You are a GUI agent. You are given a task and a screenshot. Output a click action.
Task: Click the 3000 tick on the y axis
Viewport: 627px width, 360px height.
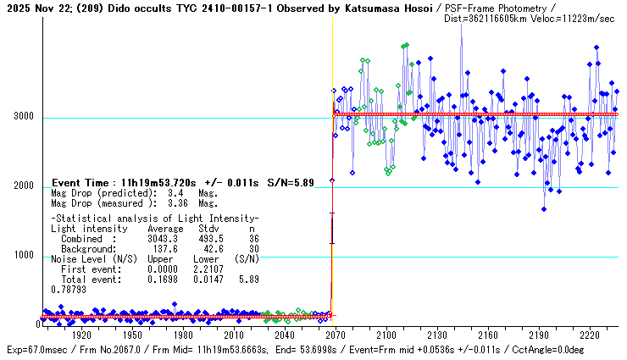click(x=23, y=117)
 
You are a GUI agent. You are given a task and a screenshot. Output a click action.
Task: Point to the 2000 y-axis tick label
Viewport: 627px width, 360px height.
click(x=23, y=186)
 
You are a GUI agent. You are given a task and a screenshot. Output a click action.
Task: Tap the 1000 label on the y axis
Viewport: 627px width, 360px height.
click(x=23, y=256)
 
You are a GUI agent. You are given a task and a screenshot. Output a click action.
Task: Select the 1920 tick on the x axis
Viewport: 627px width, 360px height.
click(x=82, y=335)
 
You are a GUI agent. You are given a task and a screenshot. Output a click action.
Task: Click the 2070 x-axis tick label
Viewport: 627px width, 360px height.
click(x=338, y=335)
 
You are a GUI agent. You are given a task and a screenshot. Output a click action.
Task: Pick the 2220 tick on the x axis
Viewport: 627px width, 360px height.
click(x=594, y=335)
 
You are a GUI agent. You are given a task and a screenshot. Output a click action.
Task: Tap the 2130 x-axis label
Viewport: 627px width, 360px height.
click(x=441, y=335)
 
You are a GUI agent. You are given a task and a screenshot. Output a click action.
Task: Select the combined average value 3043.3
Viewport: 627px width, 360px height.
click(x=164, y=239)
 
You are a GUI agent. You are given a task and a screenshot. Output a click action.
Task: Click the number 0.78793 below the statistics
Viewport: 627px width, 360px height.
click(x=69, y=290)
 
